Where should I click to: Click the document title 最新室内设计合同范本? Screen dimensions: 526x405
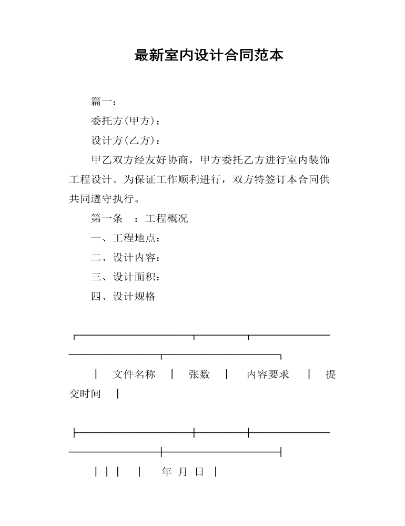pos(209,55)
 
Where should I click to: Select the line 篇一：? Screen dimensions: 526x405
pos(104,102)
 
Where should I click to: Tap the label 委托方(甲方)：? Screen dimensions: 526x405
pos(126,121)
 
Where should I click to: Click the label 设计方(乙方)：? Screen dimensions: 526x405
pos(126,140)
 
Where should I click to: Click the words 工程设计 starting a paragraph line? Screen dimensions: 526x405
pos(90,179)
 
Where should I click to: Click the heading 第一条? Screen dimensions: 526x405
pos(107,218)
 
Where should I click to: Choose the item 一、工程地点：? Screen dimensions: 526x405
pos(126,238)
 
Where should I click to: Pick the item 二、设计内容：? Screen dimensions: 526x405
pos(126,257)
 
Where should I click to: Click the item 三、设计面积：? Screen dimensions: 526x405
pos(126,277)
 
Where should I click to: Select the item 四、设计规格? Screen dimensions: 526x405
pos(123,296)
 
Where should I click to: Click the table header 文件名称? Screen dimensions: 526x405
pos(134,375)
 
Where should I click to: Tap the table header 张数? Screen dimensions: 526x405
pos(199,375)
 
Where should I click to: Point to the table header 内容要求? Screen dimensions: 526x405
pos(268,375)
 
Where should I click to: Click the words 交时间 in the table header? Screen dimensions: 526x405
pos(85,393)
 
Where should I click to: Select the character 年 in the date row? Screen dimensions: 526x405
pos(167,472)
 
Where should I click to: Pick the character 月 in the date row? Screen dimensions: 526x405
pos(183,472)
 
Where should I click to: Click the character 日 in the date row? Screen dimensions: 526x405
pos(199,472)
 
